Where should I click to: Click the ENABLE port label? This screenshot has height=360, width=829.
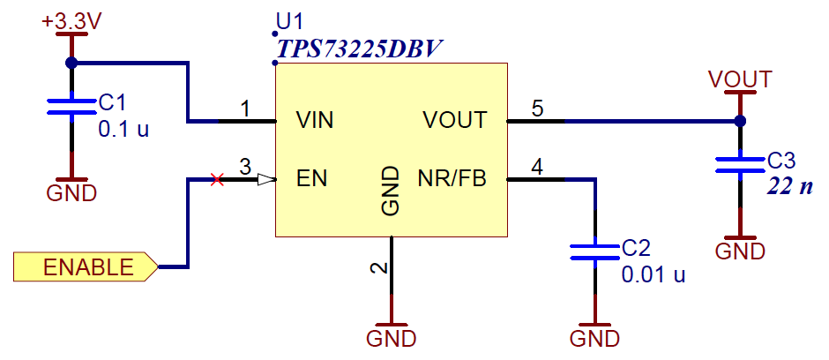pos(86,267)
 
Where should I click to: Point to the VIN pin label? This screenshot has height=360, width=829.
pos(315,120)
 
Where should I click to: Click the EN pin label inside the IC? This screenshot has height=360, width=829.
pos(311,179)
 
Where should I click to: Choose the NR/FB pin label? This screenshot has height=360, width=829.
pos(451,179)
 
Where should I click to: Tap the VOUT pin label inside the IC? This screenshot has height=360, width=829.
pos(454,120)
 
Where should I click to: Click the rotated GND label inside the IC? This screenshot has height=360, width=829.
pos(391,191)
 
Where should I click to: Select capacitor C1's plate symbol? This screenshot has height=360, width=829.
pos(71,107)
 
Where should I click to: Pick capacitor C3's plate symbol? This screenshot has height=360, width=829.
pos(740,164)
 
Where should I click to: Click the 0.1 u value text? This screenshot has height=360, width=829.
pos(123,129)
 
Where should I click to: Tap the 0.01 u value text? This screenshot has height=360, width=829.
pos(653,274)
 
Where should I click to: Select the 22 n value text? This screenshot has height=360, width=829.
pos(789,187)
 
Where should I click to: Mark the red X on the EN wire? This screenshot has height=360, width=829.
pos(217,180)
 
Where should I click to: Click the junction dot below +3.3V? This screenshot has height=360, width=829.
pos(71,63)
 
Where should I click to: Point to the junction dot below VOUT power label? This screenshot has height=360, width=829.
pos(740,121)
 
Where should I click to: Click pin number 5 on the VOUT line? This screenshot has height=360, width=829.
pos(537,108)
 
